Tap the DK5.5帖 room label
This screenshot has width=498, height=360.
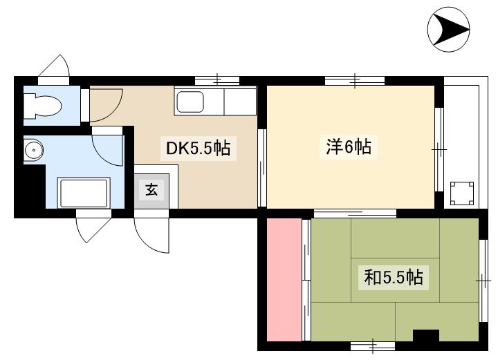197,148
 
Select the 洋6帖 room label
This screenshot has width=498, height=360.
349,146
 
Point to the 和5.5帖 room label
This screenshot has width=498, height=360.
394,278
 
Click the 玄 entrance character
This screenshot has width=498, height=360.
151,189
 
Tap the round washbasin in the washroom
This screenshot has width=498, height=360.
33,149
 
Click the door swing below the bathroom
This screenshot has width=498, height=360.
92,229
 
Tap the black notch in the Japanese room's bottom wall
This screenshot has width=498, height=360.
425,337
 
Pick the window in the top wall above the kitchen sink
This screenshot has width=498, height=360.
216,80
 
